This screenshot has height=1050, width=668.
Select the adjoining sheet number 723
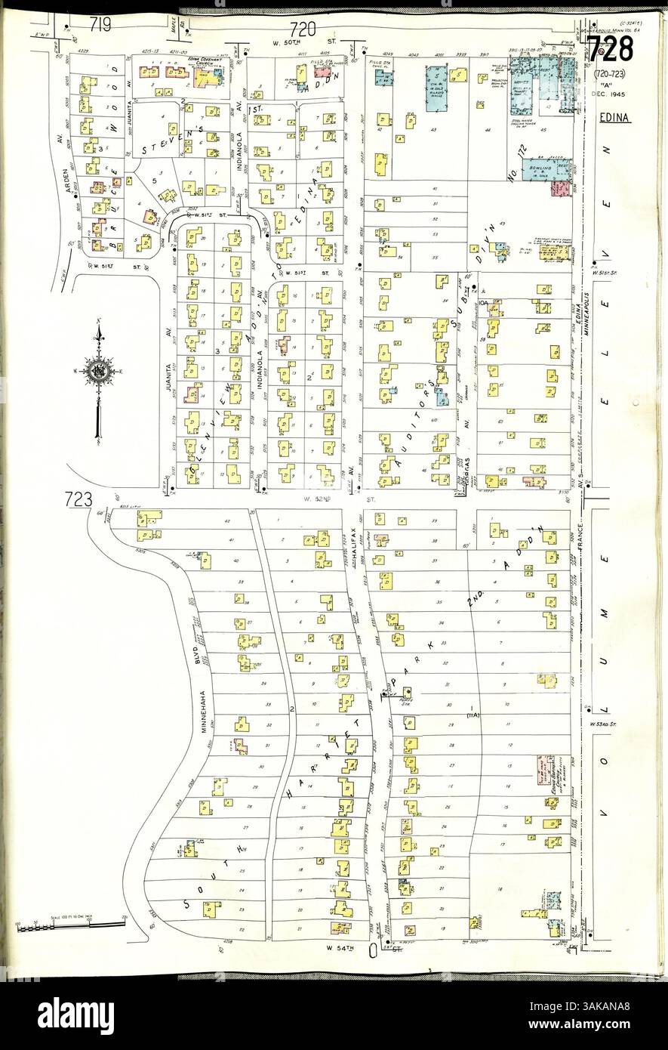tap(78, 499)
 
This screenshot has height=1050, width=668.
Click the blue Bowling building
tap(549, 168)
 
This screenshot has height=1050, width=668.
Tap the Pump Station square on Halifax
tap(408, 691)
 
